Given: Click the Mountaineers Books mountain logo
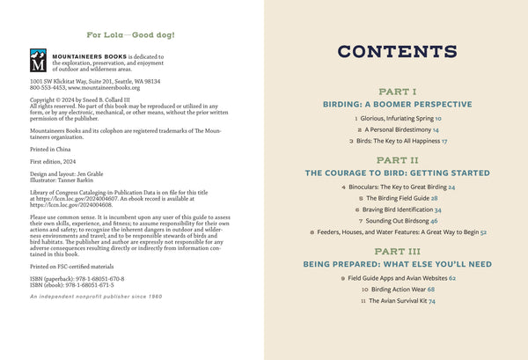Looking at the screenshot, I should [x=37, y=61].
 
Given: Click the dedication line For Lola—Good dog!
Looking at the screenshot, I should [x=131, y=35].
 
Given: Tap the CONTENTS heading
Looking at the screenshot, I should [x=396, y=52].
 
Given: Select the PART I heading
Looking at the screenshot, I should [x=396, y=92].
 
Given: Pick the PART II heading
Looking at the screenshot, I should [x=396, y=161].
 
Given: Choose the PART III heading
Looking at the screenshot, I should [x=396, y=251].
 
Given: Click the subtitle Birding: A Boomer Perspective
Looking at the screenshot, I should [x=396, y=103].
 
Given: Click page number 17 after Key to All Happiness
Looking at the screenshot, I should [x=444, y=140].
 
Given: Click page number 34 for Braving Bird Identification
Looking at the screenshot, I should [x=437, y=210].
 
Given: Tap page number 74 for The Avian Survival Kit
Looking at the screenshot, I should [x=431, y=300].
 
